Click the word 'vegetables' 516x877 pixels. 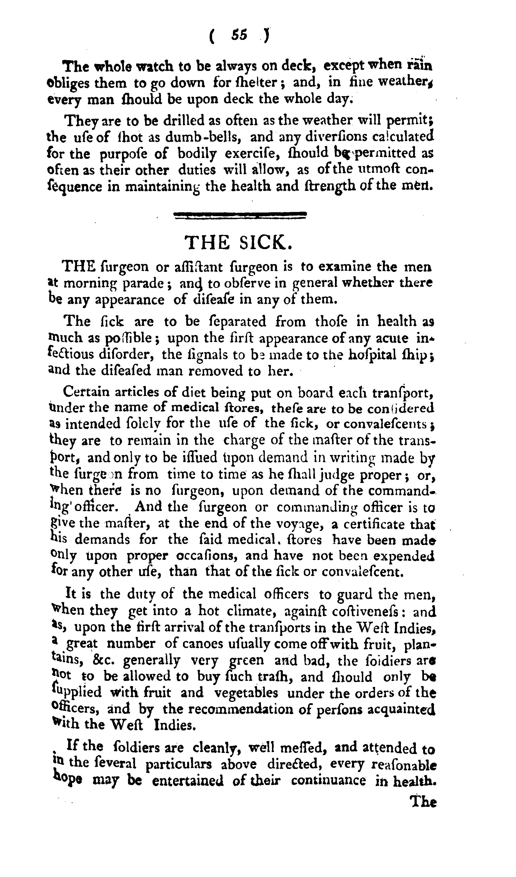[x=246, y=693]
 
